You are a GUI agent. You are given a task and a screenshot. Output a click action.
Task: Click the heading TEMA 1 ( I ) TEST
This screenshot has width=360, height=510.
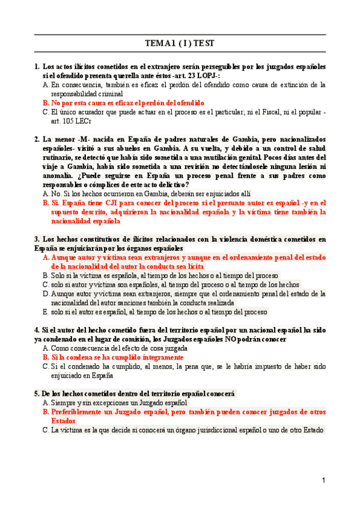[x=180, y=44]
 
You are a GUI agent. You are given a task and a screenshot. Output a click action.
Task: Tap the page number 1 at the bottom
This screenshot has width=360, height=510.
[x=323, y=481]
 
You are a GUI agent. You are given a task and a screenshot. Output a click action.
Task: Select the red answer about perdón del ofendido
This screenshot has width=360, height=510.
[x=127, y=103]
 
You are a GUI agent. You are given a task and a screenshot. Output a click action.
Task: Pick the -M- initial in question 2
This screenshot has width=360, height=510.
[x=86, y=139]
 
